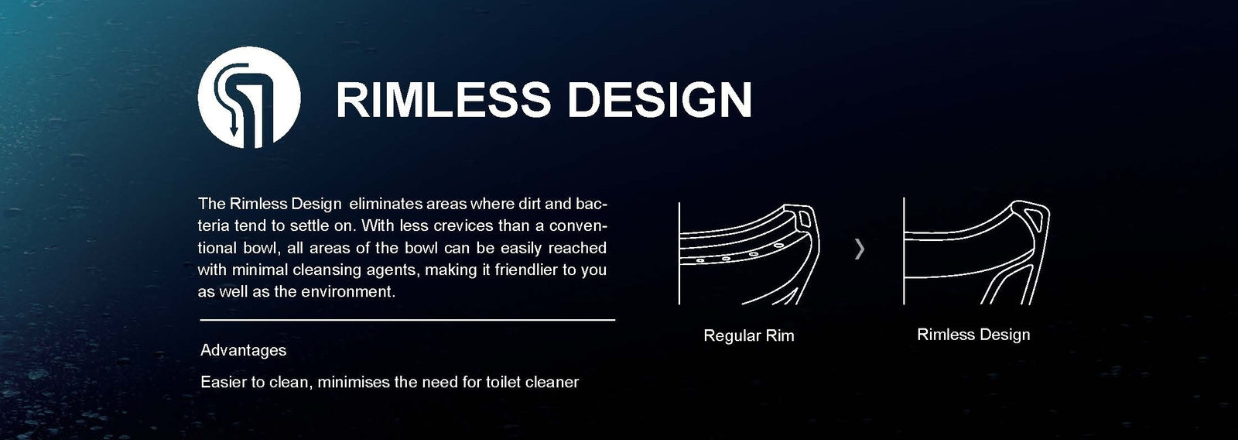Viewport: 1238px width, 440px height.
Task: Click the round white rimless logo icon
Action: click(249, 98)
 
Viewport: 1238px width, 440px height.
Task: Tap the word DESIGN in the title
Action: click(659, 100)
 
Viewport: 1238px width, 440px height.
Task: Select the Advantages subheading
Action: click(243, 350)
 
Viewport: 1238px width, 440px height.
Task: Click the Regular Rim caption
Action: click(749, 335)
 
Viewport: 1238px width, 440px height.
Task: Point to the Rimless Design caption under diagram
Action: click(973, 335)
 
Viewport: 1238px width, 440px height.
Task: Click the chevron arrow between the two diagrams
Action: click(859, 249)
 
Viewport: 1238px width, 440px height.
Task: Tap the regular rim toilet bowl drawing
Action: click(749, 253)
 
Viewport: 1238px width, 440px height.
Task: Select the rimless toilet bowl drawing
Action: click(976, 251)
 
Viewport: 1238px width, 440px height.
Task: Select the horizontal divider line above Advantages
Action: click(407, 320)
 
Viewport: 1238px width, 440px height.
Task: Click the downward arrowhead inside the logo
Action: click(234, 129)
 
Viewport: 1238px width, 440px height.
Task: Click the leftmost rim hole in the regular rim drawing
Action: click(699, 260)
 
